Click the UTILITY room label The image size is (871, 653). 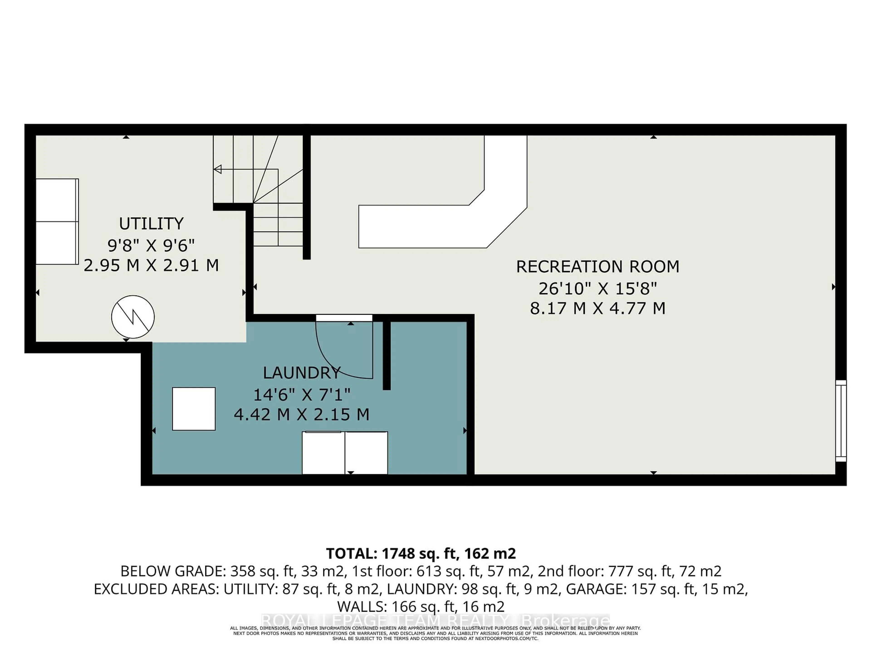point(151,224)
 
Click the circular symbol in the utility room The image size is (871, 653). point(133,317)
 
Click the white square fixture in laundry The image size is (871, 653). point(194,409)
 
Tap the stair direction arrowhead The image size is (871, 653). point(217,169)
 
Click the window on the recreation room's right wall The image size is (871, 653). point(841,420)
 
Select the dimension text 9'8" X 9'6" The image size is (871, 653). point(151,246)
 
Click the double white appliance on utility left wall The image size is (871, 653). point(57,222)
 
